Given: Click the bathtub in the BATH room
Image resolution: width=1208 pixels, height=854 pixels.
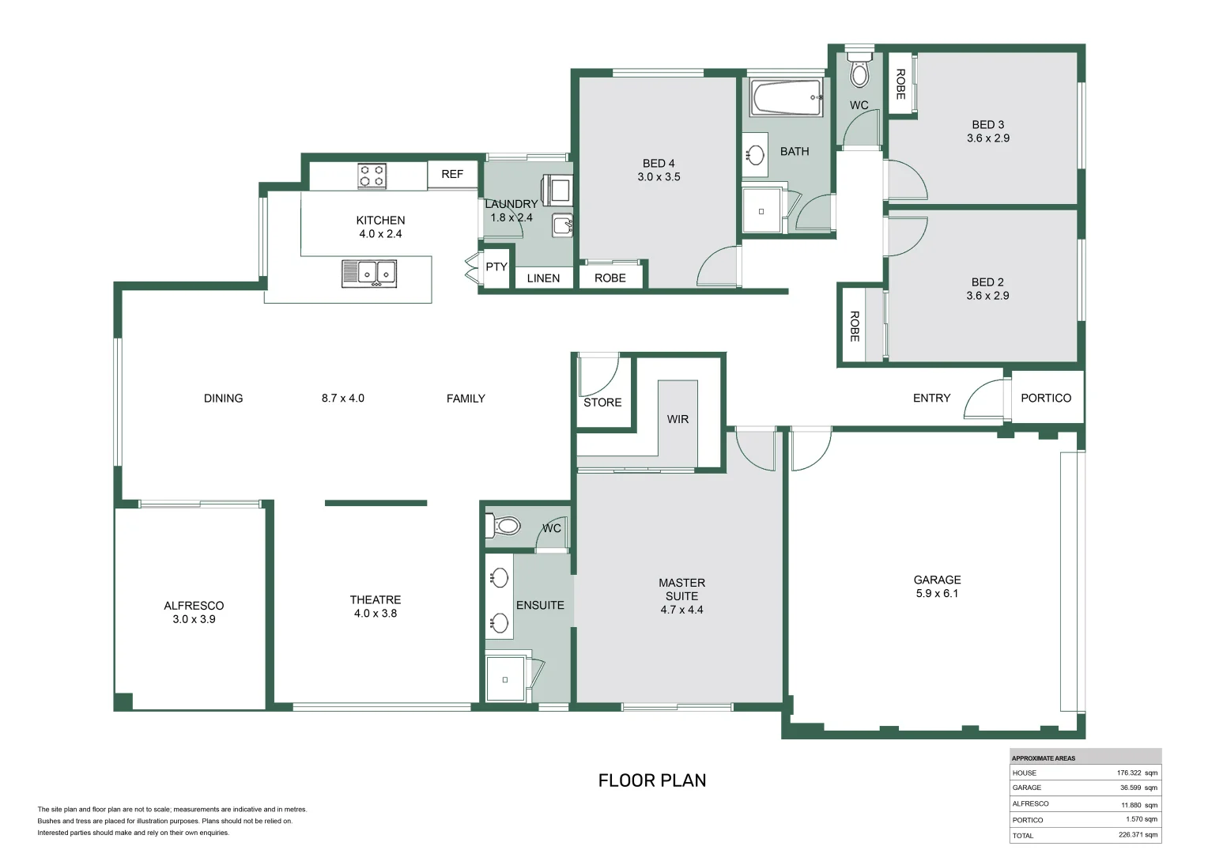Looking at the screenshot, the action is pyautogui.click(x=787, y=97).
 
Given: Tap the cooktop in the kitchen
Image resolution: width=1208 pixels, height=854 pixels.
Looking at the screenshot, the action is pyautogui.click(x=372, y=176).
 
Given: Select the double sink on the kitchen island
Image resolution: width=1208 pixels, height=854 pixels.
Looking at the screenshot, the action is pyautogui.click(x=369, y=274).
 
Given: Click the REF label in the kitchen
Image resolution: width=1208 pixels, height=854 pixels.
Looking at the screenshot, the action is pyautogui.click(x=452, y=174).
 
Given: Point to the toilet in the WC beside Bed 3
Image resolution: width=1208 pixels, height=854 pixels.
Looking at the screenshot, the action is pyautogui.click(x=859, y=68).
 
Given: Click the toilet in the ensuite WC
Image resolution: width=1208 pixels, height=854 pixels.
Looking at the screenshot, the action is pyautogui.click(x=504, y=526).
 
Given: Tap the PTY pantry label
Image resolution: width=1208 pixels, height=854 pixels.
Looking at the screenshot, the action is pyautogui.click(x=496, y=266).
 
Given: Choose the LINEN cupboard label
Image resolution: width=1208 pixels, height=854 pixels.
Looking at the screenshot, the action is pyautogui.click(x=543, y=278).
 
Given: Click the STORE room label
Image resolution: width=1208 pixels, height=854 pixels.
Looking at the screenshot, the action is pyautogui.click(x=602, y=402).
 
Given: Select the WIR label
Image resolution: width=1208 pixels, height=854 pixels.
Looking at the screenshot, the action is pyautogui.click(x=678, y=419).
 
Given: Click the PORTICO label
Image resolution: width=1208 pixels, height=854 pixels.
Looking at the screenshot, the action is pyautogui.click(x=1046, y=398).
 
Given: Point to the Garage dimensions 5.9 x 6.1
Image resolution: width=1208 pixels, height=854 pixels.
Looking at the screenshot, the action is pyautogui.click(x=937, y=593).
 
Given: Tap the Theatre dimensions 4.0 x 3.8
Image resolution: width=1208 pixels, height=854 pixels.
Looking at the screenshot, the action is pyautogui.click(x=376, y=614).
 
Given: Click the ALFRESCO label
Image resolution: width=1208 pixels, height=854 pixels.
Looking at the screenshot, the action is pyautogui.click(x=194, y=606).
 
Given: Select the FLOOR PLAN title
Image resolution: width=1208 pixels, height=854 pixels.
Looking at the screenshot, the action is pyautogui.click(x=652, y=780).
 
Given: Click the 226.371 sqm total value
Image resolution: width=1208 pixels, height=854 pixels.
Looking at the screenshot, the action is pyautogui.click(x=1138, y=834).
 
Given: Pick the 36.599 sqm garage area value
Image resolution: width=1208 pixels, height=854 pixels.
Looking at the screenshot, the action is pyautogui.click(x=1138, y=788).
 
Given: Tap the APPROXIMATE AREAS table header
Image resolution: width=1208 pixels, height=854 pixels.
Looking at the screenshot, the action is pyautogui.click(x=1044, y=758).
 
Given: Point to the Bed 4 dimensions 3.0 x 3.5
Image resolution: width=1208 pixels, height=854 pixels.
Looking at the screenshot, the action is pyautogui.click(x=659, y=177).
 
